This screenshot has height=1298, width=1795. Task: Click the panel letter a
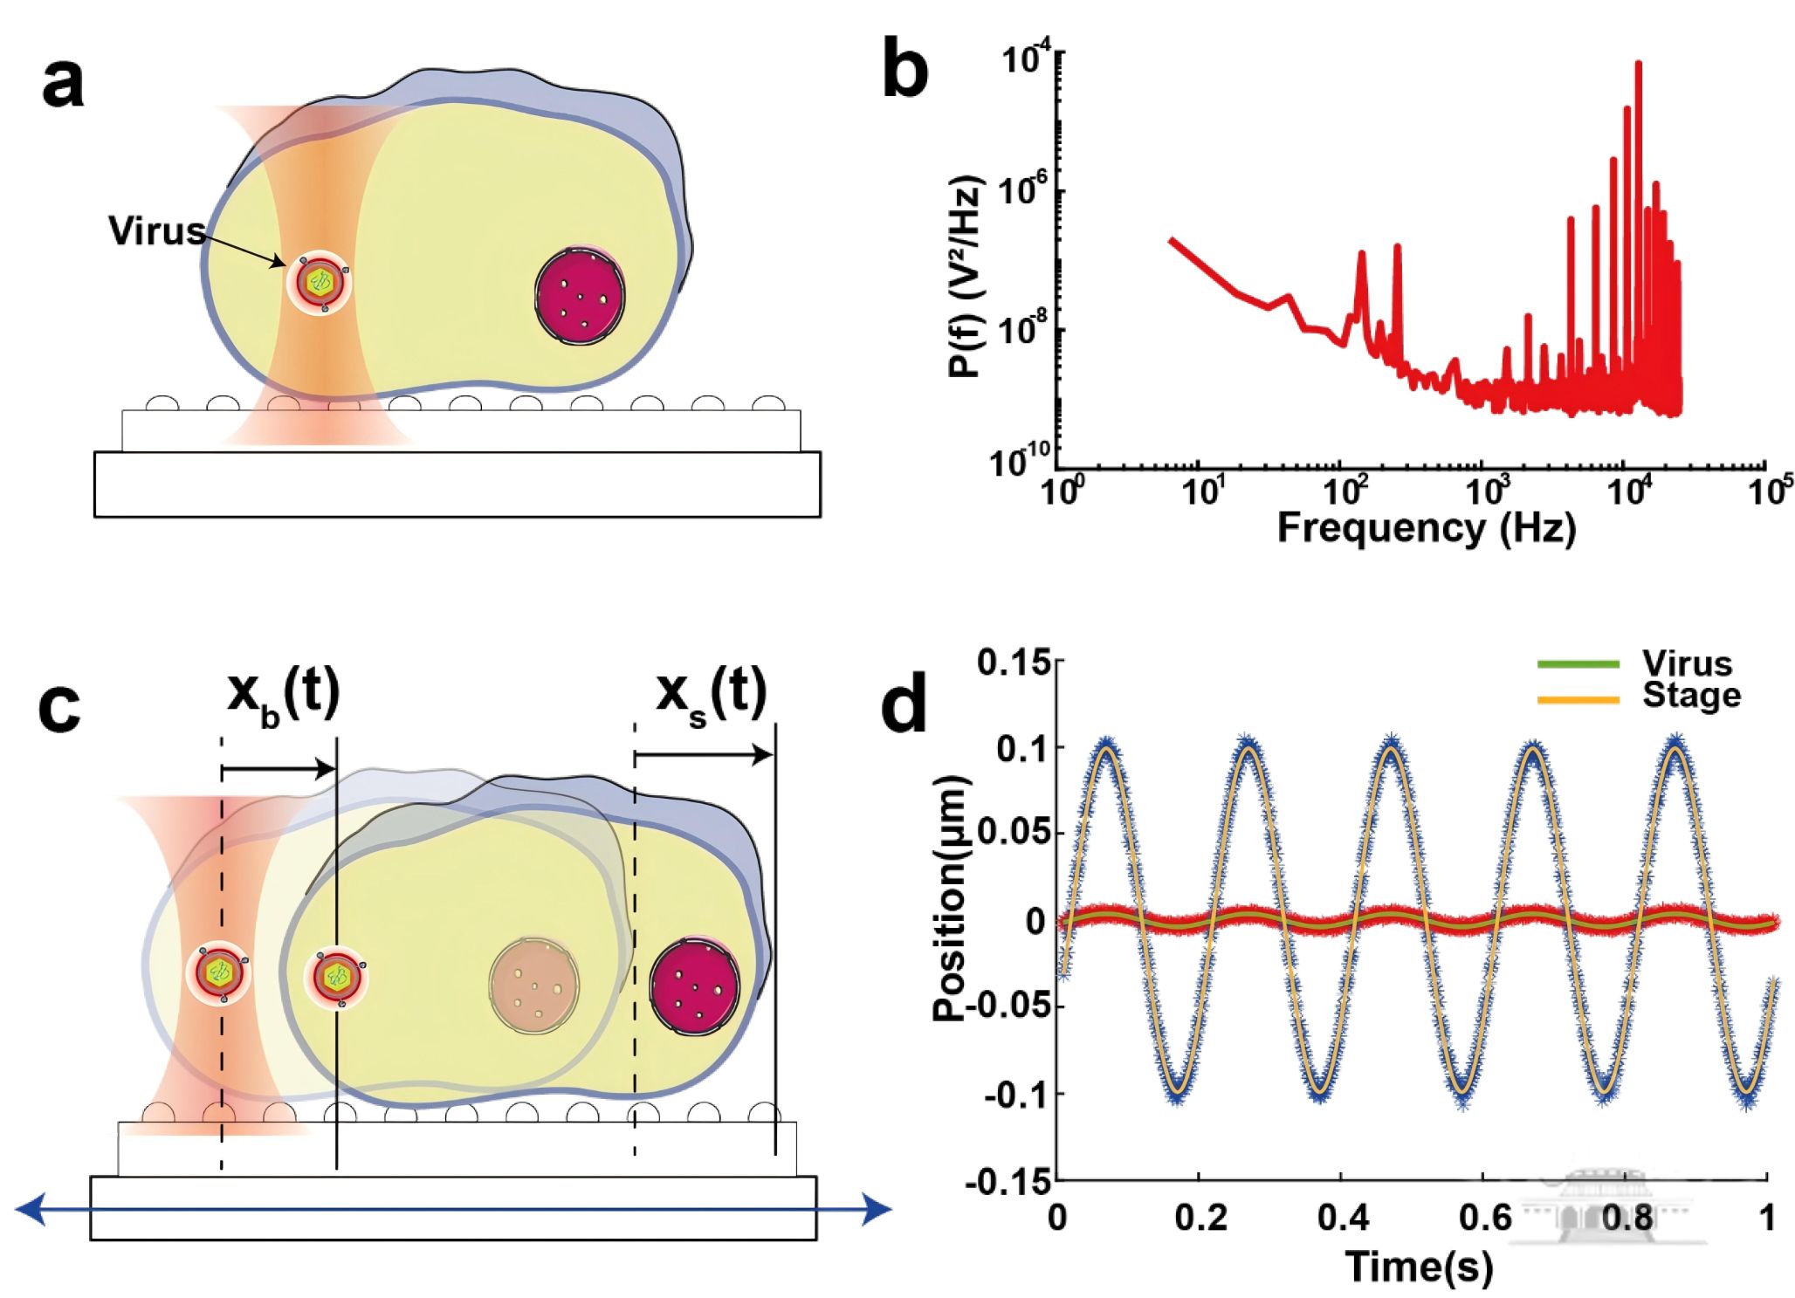coord(63,85)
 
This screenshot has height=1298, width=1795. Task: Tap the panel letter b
coord(904,68)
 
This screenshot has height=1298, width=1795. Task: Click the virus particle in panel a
coord(320,281)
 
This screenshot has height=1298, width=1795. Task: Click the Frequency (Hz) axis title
coord(1426,528)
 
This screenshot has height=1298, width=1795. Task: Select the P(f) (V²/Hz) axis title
coord(966,276)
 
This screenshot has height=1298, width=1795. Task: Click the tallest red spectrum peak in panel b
coord(1638,65)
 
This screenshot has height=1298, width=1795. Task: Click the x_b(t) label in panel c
coord(283,695)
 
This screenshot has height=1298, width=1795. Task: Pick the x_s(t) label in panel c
coord(711,695)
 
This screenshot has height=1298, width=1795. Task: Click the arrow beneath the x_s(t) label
coord(704,755)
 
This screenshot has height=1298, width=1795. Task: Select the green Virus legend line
coord(1578,665)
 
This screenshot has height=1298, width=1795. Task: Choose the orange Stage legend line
coord(1578,698)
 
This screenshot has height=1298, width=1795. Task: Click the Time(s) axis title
coord(1419,1266)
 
